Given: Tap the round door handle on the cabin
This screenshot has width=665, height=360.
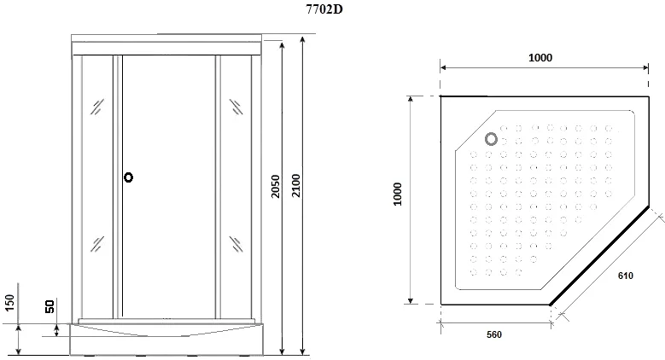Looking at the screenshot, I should tap(128, 177).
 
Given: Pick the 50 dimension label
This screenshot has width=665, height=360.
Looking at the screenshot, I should tap(50, 306).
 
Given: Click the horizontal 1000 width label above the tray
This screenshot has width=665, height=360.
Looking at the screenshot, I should tap(540, 58).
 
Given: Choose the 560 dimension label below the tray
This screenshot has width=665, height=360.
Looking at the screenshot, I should tap(493, 334).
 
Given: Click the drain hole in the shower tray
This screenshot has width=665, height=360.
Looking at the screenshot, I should tap(492, 138).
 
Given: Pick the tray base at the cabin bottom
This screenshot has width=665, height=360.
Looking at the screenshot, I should tap(166, 338).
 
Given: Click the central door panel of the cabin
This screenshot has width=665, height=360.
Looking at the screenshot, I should tap(166, 196).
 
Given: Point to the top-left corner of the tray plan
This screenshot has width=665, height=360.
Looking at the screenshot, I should tap(440, 98).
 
